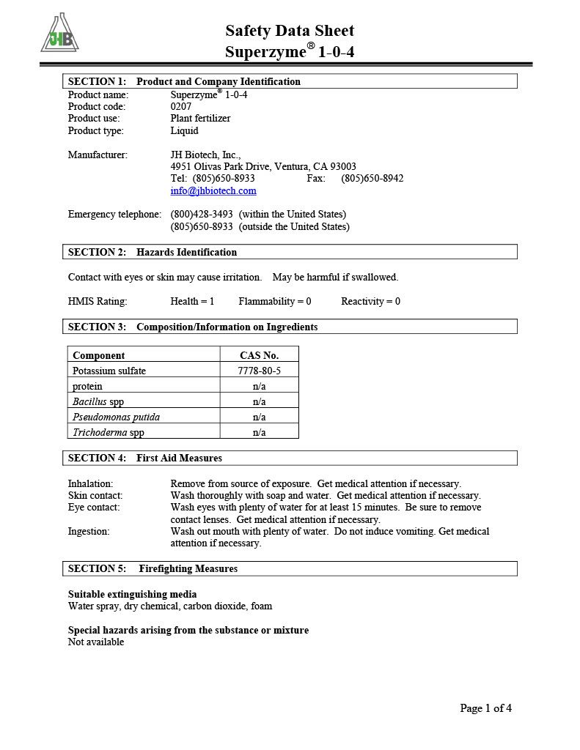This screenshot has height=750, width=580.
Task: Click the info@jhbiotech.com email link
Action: click(x=213, y=191)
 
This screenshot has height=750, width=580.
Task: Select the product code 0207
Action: click(x=181, y=106)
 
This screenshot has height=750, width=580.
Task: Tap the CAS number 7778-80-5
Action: click(x=259, y=371)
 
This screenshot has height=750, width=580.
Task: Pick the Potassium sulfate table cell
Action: click(x=109, y=371)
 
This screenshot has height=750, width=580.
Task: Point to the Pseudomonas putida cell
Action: click(x=116, y=417)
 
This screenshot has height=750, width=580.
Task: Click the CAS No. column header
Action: click(x=259, y=355)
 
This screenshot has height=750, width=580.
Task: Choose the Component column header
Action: click(x=99, y=355)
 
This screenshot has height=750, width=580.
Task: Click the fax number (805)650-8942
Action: click(x=372, y=178)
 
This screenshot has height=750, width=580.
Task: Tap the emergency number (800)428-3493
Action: click(x=202, y=214)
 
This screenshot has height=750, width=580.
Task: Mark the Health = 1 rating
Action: click(x=192, y=301)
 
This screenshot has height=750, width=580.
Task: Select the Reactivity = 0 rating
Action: click(x=370, y=301)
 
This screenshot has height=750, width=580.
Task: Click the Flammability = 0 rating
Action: click(x=275, y=301)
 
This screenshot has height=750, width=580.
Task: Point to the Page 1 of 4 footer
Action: click(x=485, y=708)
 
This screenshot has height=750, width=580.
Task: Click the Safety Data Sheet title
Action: click(x=290, y=31)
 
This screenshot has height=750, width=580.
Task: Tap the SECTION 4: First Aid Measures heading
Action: click(x=145, y=458)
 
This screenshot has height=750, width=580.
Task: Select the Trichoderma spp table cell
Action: click(x=109, y=432)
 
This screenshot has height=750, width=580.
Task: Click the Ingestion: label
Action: click(x=89, y=531)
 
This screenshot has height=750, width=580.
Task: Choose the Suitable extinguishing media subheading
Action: click(x=132, y=594)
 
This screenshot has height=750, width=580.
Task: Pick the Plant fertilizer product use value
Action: click(x=200, y=118)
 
